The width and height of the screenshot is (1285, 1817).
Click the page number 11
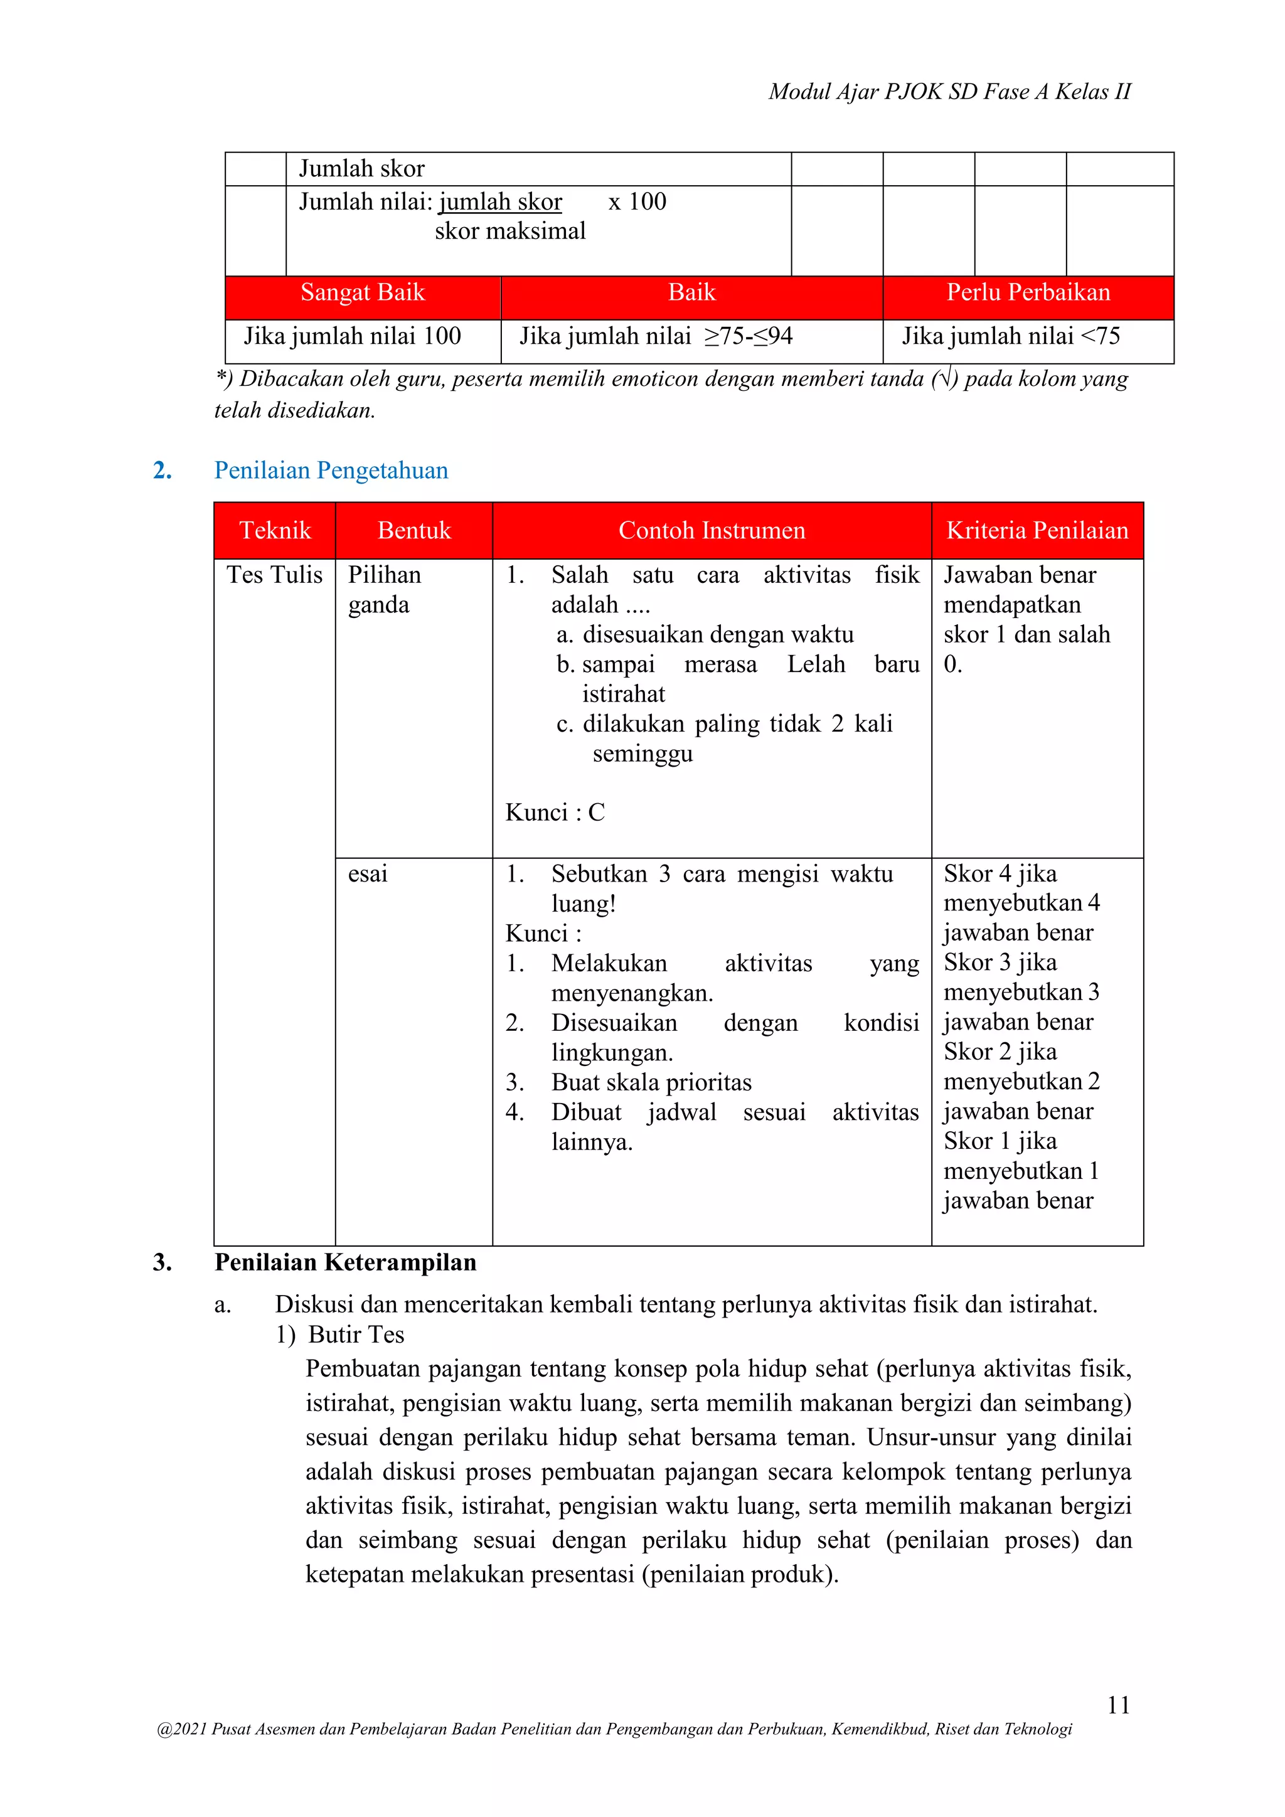coord(1118,1704)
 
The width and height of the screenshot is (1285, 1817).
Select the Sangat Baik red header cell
coord(363,293)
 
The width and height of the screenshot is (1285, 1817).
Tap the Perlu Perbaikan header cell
coord(1028,293)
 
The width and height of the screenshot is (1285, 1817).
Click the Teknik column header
coord(275,530)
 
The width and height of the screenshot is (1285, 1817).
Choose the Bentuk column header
coord(414,530)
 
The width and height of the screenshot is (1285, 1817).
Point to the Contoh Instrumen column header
coord(712,530)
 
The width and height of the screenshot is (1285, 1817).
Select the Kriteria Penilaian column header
coord(1037,530)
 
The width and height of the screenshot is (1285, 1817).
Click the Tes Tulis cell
coord(275,575)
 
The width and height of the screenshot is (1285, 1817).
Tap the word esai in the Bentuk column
coord(368,874)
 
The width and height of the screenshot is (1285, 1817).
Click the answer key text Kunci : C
coord(555,813)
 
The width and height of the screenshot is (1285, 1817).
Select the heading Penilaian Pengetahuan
coord(331,470)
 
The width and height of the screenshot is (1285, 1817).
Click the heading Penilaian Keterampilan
coord(345,1262)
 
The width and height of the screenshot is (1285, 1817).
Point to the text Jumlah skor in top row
coord(361,169)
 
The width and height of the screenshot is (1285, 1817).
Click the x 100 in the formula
coord(637,202)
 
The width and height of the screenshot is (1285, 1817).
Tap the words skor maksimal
coord(509,231)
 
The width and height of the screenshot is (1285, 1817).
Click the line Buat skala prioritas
coord(651,1082)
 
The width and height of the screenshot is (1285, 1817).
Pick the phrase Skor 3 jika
coord(1000,963)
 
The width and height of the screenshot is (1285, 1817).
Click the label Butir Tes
coord(356,1335)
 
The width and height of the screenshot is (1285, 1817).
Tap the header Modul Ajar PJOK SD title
coord(949,92)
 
